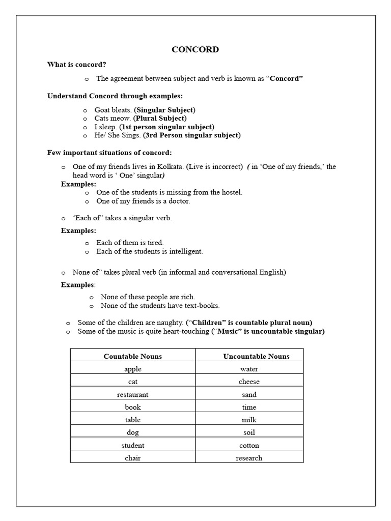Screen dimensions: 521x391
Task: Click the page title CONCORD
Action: tap(195, 49)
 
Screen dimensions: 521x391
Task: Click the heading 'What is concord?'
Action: tap(77, 65)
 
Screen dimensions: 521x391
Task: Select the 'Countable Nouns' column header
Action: tap(132, 356)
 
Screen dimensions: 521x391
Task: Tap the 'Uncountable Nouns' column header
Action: tap(249, 356)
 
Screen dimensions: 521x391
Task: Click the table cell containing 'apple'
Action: tap(132, 369)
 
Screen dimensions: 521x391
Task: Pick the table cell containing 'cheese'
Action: tap(249, 382)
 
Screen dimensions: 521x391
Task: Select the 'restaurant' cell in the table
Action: tap(132, 394)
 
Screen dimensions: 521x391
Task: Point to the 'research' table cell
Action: tap(249, 458)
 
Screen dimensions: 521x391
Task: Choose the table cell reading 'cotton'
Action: tap(249, 445)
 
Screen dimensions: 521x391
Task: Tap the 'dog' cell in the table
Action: tap(132, 432)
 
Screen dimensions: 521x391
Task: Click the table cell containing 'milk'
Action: tap(249, 420)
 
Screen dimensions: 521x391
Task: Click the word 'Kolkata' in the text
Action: tap(170, 166)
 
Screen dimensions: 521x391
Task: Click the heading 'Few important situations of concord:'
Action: tap(109, 153)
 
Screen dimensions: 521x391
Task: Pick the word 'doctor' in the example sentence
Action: tap(178, 201)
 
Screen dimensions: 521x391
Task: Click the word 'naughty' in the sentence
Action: tap(169, 323)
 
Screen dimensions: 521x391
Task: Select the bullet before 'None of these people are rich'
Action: tap(92, 297)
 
